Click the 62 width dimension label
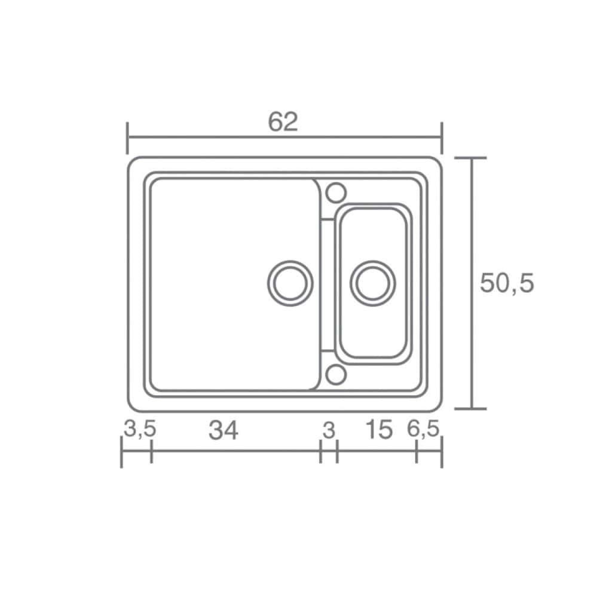(283, 121)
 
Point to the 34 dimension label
(224, 431)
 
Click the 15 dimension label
(379, 430)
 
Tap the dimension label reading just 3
(329, 430)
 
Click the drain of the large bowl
(290, 283)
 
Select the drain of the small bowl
(373, 283)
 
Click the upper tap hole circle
(336, 193)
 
